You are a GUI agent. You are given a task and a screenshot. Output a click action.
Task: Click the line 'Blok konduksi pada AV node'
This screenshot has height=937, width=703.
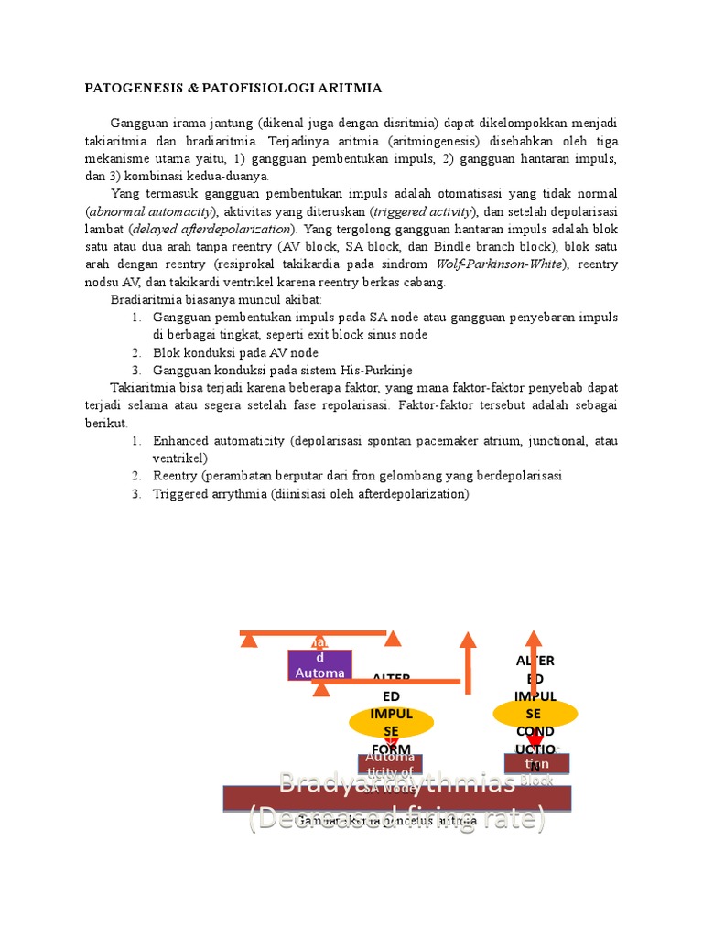pyautogui.click(x=235, y=353)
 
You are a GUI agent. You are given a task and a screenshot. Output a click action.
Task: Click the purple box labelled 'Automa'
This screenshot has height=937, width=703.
pyautogui.click(x=319, y=665)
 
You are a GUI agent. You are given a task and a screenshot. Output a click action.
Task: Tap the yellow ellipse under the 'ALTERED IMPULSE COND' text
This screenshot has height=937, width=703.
pyautogui.click(x=535, y=713)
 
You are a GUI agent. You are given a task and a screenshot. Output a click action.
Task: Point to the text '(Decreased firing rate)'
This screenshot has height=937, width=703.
pyautogui.click(x=396, y=817)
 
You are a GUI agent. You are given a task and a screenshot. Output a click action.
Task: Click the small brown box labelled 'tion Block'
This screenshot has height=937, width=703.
pyautogui.click(x=536, y=763)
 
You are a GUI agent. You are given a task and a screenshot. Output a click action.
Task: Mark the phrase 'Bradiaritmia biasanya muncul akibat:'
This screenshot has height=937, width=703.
pyautogui.click(x=216, y=299)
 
